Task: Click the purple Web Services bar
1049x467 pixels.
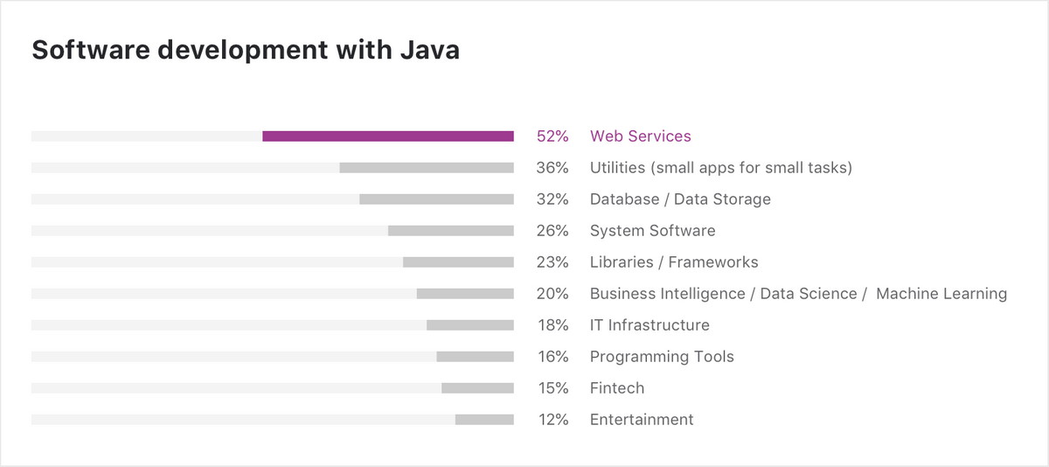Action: pyautogui.click(x=388, y=136)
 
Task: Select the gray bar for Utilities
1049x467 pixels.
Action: pyautogui.click(x=427, y=168)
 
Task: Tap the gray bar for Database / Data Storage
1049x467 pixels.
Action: pyautogui.click(x=436, y=199)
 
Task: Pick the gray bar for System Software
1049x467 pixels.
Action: pyautogui.click(x=451, y=231)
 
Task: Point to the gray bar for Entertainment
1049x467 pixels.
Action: pyautogui.click(x=484, y=419)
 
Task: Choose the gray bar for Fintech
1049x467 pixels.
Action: pyautogui.click(x=477, y=387)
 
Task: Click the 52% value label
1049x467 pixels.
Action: pyautogui.click(x=552, y=136)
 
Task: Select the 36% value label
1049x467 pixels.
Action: pyautogui.click(x=552, y=168)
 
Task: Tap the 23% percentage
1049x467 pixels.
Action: pyautogui.click(x=552, y=262)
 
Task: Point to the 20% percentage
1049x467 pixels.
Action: pyautogui.click(x=552, y=294)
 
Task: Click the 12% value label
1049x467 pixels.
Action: pyautogui.click(x=553, y=420)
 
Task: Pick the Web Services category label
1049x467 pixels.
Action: pyautogui.click(x=640, y=136)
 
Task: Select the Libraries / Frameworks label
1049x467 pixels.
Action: pyautogui.click(x=674, y=262)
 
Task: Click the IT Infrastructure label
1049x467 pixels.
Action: pyautogui.click(x=650, y=325)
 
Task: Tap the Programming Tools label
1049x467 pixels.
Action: pyautogui.click(x=662, y=357)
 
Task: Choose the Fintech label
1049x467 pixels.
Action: pyautogui.click(x=617, y=387)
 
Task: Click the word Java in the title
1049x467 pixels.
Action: pyautogui.click(x=430, y=50)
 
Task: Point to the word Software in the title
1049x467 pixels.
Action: pyautogui.click(x=91, y=50)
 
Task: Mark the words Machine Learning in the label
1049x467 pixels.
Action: pyautogui.click(x=941, y=294)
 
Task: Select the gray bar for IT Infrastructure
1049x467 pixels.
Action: pyautogui.click(x=470, y=325)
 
